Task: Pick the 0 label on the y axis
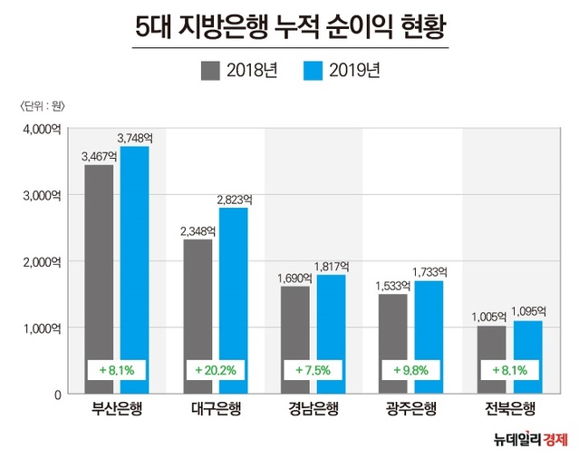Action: pos(55,395)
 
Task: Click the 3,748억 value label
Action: pos(135,138)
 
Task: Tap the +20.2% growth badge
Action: pos(216,370)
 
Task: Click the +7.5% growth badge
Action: pos(314,370)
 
